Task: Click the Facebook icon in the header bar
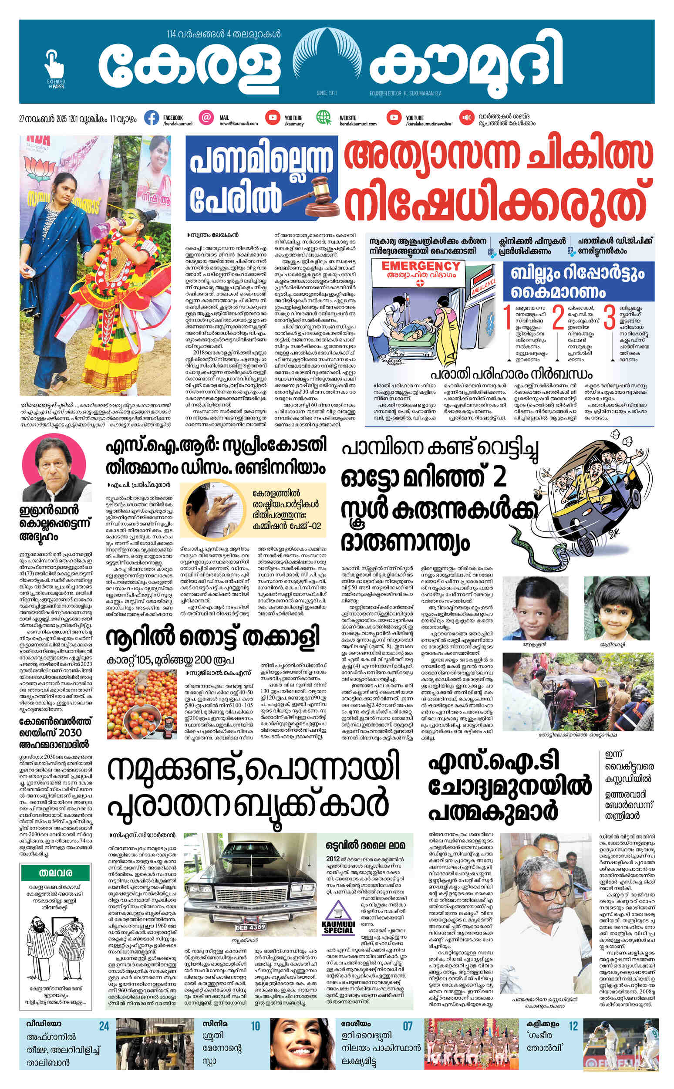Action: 152,118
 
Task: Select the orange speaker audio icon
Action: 467,118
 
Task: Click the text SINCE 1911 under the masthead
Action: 327,93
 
